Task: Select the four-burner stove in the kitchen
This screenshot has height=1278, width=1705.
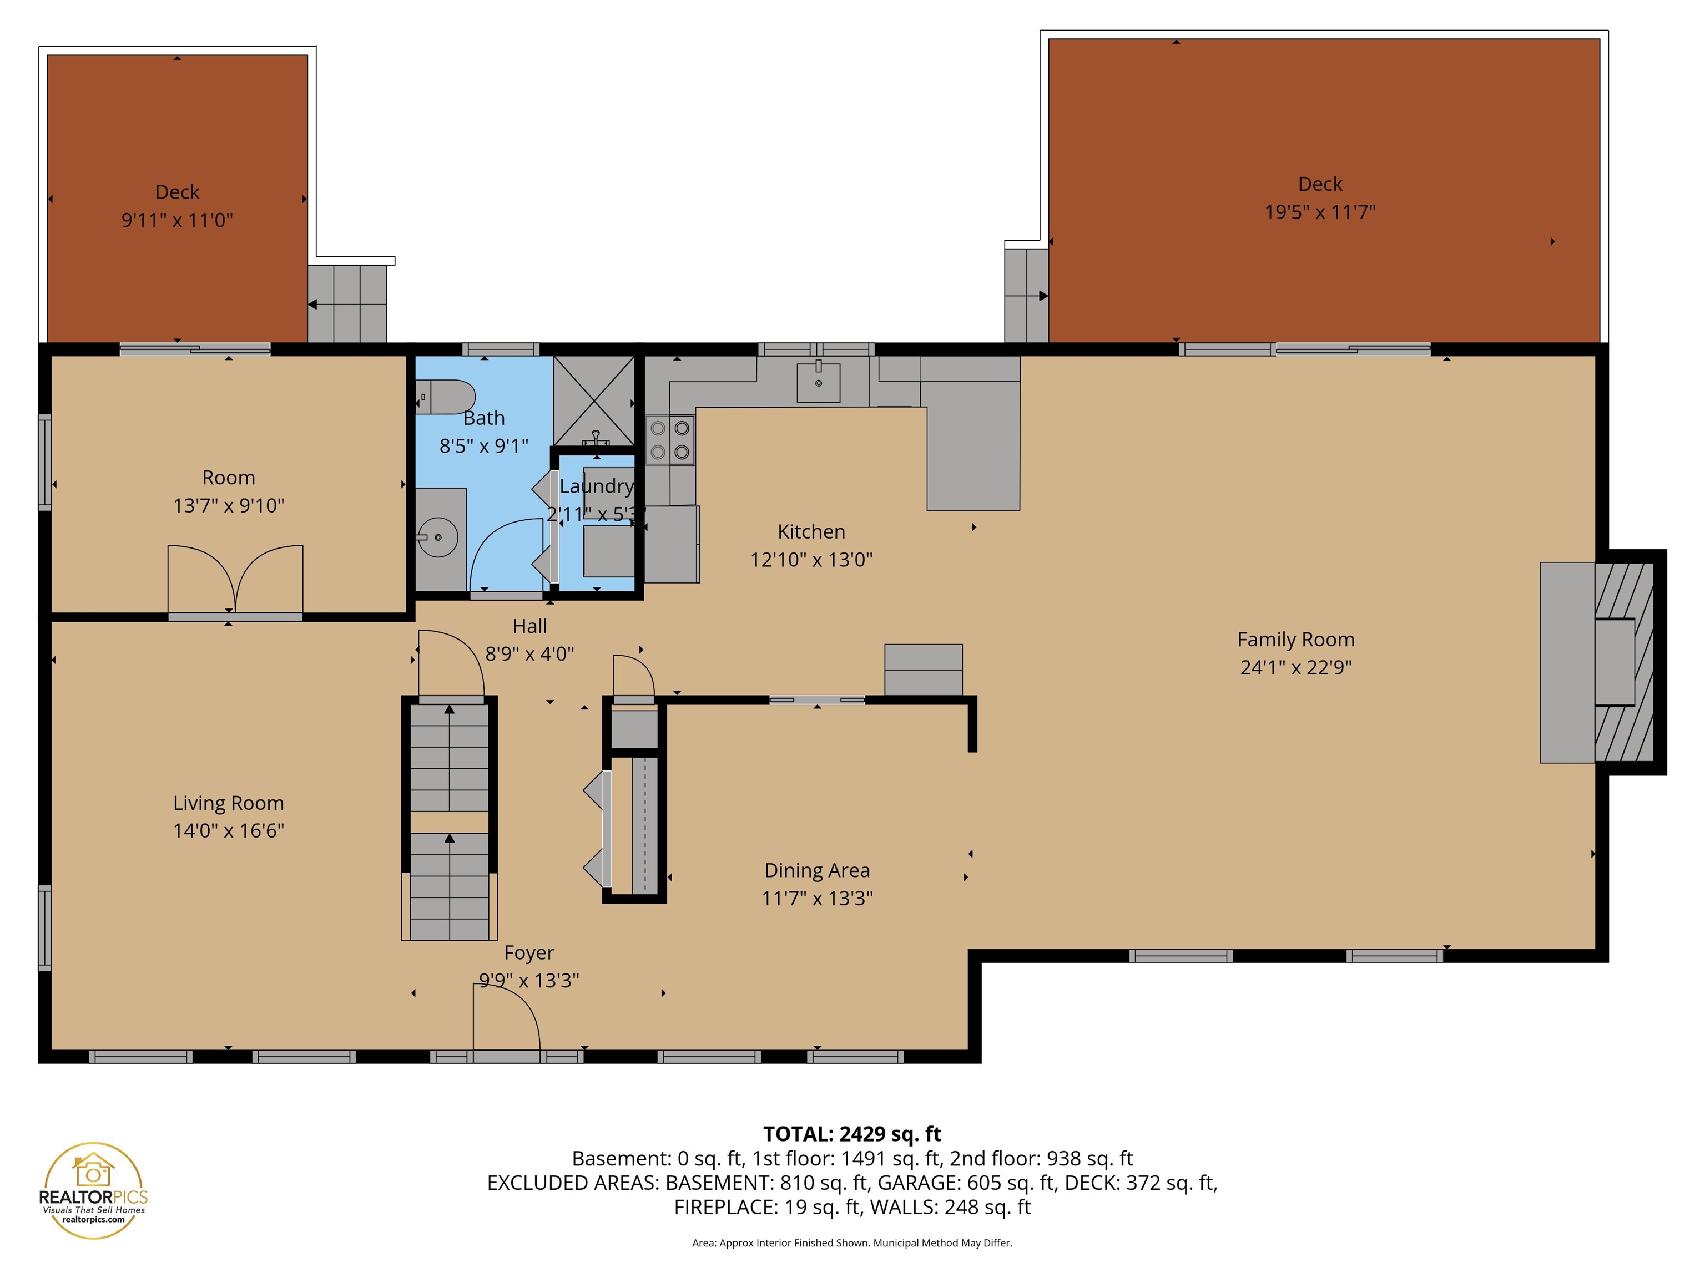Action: coord(670,440)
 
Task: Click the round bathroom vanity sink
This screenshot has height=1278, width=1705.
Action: coord(438,537)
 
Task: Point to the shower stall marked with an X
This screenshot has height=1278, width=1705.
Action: coord(593,400)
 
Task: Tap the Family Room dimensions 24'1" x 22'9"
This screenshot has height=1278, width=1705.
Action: coord(1296,667)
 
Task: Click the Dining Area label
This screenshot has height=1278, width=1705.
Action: coord(817,870)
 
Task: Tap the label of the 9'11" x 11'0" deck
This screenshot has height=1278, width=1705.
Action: coord(177,192)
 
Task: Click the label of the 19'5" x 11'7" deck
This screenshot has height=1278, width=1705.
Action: coord(1320,184)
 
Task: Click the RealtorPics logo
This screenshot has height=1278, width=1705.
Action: coord(93,1191)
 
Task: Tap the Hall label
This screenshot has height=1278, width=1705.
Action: coord(529,626)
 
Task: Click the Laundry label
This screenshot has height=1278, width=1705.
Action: coord(596,486)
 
